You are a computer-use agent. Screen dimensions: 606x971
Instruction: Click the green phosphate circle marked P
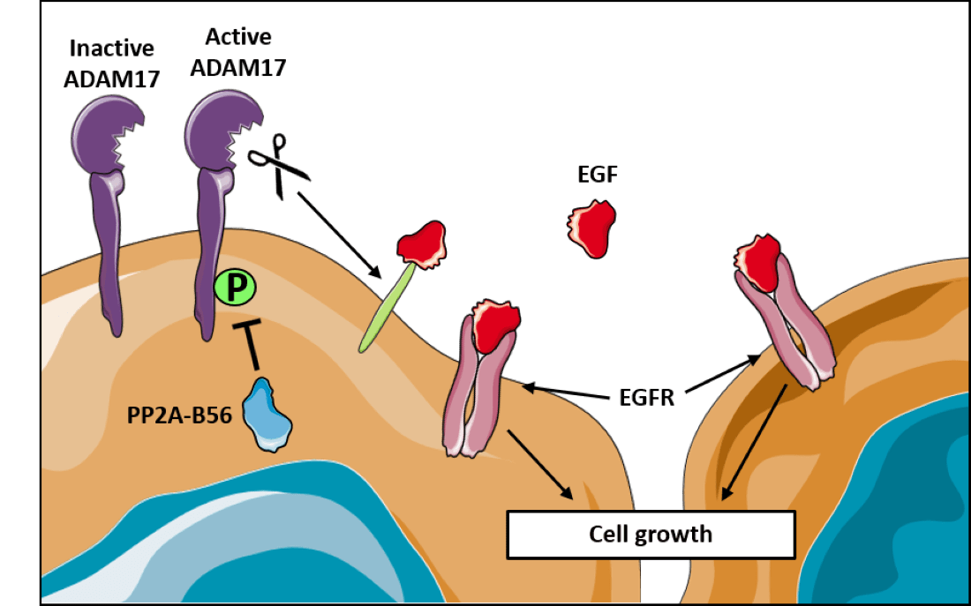click(x=235, y=288)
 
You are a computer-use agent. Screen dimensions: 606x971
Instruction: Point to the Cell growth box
click(x=651, y=534)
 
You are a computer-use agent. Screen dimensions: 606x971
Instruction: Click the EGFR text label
click(x=643, y=398)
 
